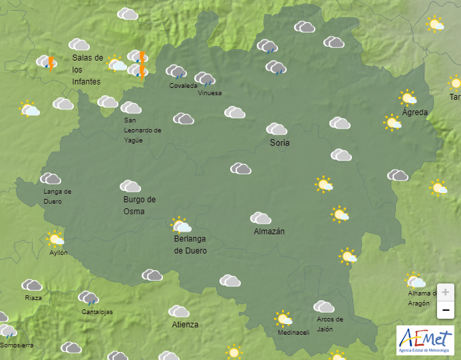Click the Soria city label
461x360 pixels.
click(279, 142)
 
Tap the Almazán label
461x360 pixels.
click(269, 232)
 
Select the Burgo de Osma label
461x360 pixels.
click(139, 205)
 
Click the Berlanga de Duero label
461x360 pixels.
click(190, 245)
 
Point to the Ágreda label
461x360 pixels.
click(415, 112)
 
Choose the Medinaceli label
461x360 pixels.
click(293, 333)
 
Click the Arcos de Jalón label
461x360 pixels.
click(330, 324)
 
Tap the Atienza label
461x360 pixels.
click(185, 325)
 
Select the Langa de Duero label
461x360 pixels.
click(57, 196)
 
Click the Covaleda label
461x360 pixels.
click(183, 86)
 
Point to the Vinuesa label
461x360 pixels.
click(210, 93)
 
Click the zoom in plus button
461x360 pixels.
click(445, 291)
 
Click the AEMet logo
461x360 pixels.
click(425, 339)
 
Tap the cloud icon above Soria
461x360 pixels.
click(277, 128)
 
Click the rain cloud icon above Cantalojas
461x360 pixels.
click(88, 297)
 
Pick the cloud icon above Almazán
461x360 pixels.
click(261, 218)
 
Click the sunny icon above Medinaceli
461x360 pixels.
click(284, 318)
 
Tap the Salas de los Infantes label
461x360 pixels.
click(87, 69)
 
